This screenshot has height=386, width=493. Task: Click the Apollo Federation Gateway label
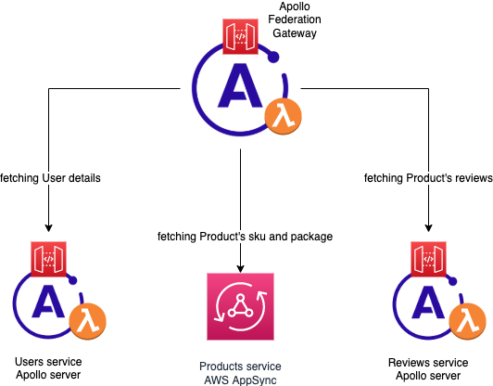(295, 19)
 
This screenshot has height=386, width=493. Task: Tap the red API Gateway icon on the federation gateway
(241, 36)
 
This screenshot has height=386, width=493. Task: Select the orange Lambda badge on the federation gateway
(284, 117)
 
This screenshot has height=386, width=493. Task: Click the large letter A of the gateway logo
(240, 85)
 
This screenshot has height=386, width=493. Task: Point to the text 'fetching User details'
(50, 178)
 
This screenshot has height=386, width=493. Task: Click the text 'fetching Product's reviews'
(428, 178)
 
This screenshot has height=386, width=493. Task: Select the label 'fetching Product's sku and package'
(245, 237)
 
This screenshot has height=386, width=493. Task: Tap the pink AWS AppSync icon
(241, 306)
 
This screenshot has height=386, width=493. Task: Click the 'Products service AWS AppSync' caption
(241, 373)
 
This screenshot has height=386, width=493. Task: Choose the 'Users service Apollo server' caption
(48, 368)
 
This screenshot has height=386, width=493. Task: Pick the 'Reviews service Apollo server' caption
(428, 369)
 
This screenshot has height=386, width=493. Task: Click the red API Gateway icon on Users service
(48, 259)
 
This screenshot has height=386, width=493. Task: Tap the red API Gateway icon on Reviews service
(428, 259)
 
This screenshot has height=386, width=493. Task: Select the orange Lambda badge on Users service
(88, 321)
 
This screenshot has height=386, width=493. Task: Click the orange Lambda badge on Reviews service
(468, 321)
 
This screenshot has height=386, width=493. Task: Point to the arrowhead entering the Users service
(48, 228)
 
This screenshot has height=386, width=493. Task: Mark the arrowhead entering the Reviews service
(428, 228)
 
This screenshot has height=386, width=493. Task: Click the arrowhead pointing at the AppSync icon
(241, 269)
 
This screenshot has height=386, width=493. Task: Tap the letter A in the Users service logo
(48, 302)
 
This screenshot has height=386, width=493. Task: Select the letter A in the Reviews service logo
(428, 302)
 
